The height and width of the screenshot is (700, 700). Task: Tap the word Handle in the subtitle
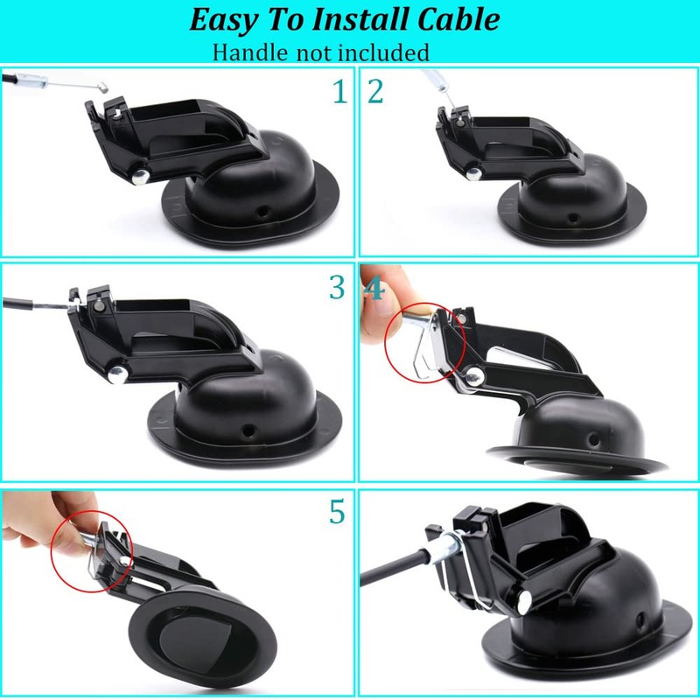(248, 52)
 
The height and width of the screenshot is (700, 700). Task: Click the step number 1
(339, 91)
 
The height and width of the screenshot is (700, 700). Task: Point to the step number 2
(376, 91)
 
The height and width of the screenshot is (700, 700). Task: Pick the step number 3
(337, 287)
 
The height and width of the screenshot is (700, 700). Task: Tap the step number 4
(375, 289)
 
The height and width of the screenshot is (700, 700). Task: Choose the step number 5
(337, 512)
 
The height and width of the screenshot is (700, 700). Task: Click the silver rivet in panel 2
(473, 174)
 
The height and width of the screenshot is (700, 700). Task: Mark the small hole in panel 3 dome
(250, 429)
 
